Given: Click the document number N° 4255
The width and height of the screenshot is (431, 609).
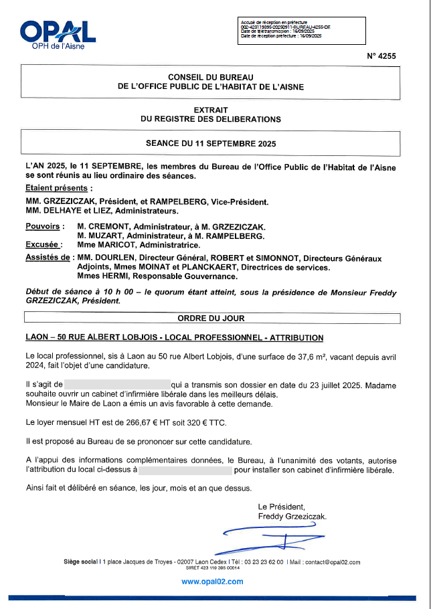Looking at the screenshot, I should [x=381, y=56].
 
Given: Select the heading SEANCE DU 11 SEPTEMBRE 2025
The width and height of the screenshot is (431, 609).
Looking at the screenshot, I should [x=211, y=143].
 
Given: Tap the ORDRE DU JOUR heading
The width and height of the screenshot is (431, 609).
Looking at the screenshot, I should [x=211, y=318].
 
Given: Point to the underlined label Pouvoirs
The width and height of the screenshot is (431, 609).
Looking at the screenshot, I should [x=45, y=227].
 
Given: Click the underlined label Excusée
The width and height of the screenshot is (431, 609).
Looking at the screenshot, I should [x=44, y=245].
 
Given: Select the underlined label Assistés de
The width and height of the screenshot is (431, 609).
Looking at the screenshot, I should [x=48, y=258].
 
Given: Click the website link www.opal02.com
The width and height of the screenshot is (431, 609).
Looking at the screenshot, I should [x=212, y=582].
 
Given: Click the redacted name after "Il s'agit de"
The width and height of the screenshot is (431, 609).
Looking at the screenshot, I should [x=117, y=385].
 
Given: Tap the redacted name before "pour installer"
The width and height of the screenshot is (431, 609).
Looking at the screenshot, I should [x=185, y=470].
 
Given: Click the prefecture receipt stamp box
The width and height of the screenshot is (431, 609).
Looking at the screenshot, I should [x=301, y=30].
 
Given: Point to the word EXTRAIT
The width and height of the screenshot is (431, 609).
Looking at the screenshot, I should [x=211, y=110].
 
